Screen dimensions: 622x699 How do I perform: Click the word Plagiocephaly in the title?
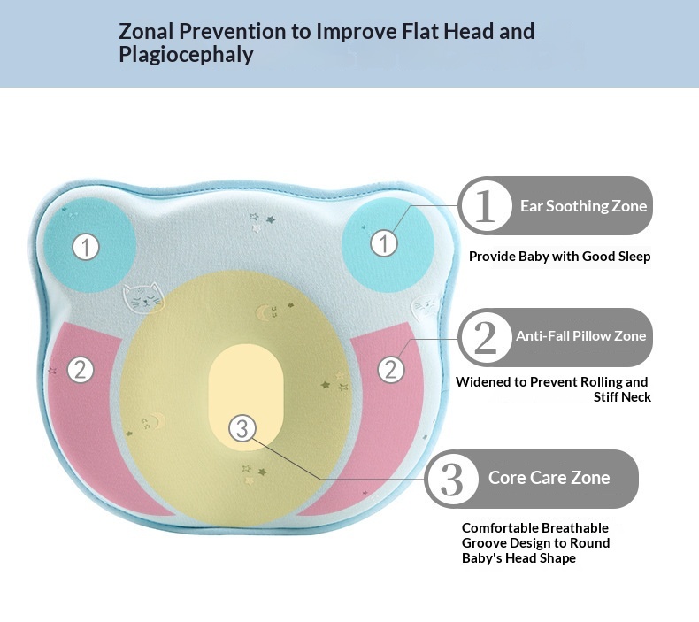186,55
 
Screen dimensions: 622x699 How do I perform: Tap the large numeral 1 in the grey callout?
485,205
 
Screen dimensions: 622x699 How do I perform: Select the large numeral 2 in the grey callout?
486,337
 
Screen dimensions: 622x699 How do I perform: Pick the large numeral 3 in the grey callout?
452,479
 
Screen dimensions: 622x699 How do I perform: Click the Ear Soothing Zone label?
583,206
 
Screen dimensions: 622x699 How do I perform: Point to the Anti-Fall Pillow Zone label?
580,336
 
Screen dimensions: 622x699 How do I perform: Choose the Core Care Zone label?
549,478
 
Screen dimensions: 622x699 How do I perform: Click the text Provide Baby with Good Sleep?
559,257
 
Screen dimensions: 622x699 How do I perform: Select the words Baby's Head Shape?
518,558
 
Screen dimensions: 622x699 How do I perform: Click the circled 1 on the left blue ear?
86,246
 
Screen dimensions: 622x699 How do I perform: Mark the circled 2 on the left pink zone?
81,369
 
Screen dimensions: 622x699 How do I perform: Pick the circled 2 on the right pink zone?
391,369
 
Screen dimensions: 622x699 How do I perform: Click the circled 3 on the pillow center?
242,429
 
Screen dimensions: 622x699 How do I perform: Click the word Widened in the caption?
490,382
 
